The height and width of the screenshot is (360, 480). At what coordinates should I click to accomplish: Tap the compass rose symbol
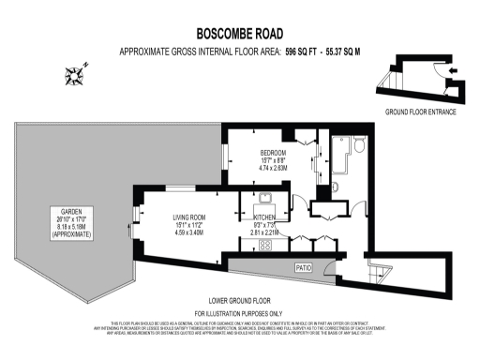pyautogui.click(x=76, y=72)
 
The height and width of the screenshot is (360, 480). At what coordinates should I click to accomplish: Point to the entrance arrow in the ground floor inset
pyautogui.click(x=454, y=69)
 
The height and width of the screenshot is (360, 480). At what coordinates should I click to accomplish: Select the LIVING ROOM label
pyautogui.click(x=188, y=217)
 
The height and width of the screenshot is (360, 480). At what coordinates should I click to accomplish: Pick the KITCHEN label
pyautogui.click(x=258, y=217)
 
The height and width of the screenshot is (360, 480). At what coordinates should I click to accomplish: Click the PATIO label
pyautogui.click(x=303, y=267)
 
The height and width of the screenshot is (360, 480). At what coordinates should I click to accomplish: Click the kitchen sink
pyautogui.click(x=266, y=198)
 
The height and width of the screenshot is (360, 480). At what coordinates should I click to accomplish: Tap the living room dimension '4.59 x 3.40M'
pyautogui.click(x=188, y=232)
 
